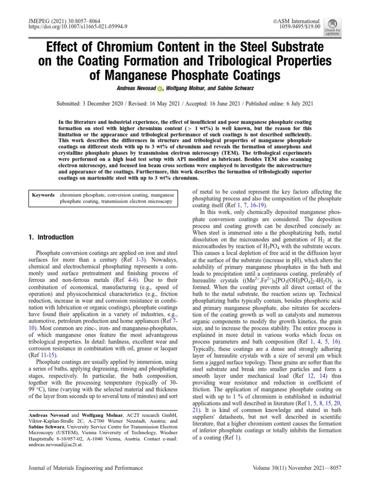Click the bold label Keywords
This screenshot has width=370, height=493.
click(x=43, y=195)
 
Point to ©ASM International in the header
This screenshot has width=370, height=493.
click(x=296, y=21)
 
